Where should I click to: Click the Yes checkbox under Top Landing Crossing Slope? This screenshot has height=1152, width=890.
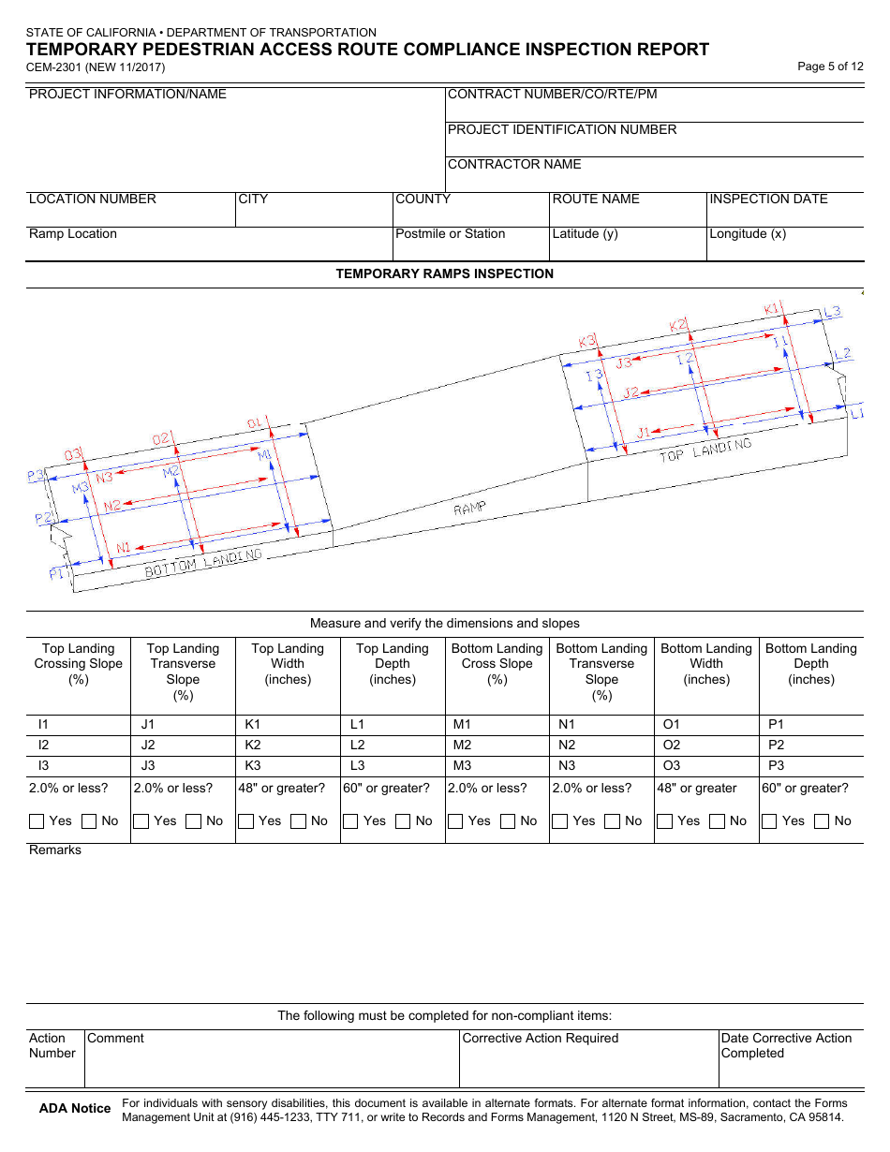click(x=37, y=821)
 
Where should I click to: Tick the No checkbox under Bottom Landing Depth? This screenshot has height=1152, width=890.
click(x=822, y=821)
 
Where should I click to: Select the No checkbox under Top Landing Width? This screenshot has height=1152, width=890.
click(x=298, y=821)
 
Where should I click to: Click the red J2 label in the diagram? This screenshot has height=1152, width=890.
click(x=630, y=392)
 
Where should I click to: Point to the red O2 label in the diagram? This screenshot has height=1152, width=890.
click(x=161, y=438)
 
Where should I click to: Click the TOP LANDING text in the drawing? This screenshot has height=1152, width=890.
click(x=705, y=450)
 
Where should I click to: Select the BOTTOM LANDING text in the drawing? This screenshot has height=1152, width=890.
click(x=202, y=562)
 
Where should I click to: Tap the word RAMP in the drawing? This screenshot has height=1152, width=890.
click(x=469, y=509)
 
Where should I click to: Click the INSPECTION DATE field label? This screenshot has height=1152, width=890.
click(x=768, y=199)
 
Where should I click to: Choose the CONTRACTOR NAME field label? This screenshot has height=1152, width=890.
click(x=514, y=165)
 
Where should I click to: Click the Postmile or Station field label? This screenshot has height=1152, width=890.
click(x=450, y=234)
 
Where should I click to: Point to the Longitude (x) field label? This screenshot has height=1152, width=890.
click(x=747, y=234)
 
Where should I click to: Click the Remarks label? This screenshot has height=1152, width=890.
click(x=55, y=850)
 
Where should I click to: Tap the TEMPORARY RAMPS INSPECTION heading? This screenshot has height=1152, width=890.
click(x=444, y=274)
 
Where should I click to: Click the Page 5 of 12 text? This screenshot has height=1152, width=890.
click(x=829, y=66)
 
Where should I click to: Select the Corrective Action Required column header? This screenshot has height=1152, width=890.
click(x=540, y=1039)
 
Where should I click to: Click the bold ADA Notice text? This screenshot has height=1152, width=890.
click(x=74, y=1109)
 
